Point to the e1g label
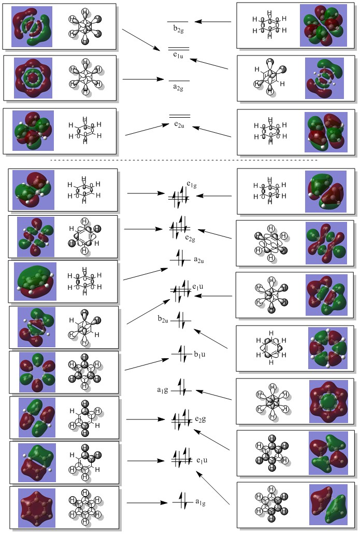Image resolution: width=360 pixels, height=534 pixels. click(192, 184)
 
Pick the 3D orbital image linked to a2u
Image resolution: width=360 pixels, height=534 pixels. click(35, 282)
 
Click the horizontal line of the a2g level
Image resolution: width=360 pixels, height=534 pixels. click(179, 80)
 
